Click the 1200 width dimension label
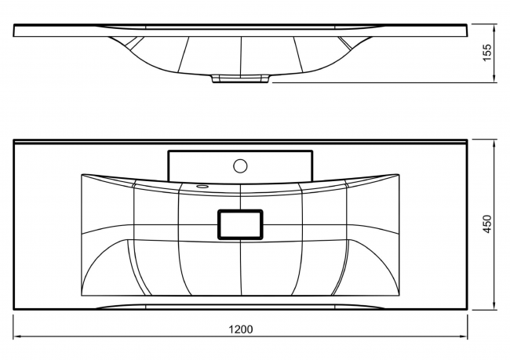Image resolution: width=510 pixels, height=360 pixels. point(241,329)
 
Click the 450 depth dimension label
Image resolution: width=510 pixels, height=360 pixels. point(487,224)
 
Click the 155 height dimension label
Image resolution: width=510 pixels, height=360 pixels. point(487,53)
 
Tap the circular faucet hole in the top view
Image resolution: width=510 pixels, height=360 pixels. point(240,165)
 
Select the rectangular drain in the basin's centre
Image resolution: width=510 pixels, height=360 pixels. point(240,224)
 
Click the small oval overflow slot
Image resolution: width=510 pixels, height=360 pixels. point(202,187)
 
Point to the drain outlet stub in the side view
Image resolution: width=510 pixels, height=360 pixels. point(240,78)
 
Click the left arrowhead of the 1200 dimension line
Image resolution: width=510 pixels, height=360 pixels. point(16,336)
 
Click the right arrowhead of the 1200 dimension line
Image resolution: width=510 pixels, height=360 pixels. point(464,336)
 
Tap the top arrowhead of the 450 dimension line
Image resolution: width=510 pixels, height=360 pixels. point(494,143)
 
